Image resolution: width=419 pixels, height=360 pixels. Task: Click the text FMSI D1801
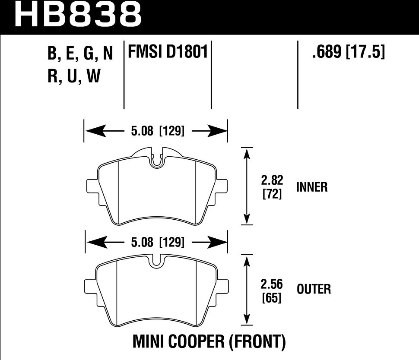[168, 53]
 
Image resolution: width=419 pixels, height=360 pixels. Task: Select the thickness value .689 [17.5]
[348, 53]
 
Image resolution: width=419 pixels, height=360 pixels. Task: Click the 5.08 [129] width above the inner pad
[157, 131]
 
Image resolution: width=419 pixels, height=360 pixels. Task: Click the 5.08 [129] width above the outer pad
[157, 243]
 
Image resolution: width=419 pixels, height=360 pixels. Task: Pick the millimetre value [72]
[272, 194]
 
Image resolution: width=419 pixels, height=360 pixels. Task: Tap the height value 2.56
[272, 284]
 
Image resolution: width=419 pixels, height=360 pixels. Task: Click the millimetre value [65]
[272, 297]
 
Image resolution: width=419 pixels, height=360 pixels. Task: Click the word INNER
[312, 187]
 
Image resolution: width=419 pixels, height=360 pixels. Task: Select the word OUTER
[314, 289]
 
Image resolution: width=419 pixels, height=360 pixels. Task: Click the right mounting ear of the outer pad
[221, 287]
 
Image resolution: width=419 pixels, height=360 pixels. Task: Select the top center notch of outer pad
[157, 260]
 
